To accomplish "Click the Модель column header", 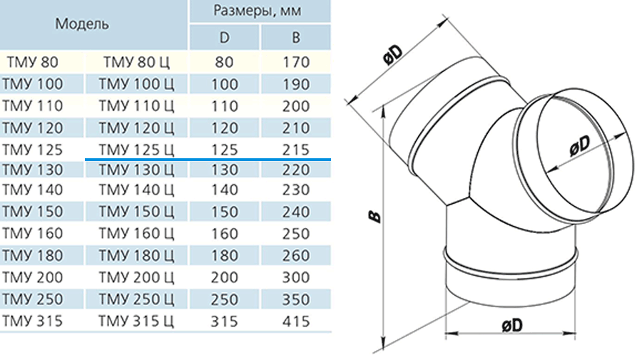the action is [x=82, y=24].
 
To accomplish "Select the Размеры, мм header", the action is [x=257, y=10].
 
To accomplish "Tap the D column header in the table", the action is [x=225, y=38].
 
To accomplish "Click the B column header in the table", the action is [x=295, y=38].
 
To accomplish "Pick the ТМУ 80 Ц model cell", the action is [x=136, y=62].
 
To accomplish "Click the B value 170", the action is [x=295, y=62].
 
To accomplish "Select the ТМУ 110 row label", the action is [x=32, y=106].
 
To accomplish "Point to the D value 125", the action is [x=225, y=150].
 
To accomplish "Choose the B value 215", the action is [x=295, y=150].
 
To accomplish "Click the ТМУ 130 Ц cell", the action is [x=136, y=170].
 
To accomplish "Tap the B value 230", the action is [x=295, y=190].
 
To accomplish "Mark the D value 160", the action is [x=225, y=234].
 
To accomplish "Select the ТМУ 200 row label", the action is [x=32, y=277].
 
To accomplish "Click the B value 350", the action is [x=295, y=299].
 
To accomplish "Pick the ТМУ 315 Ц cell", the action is [x=136, y=321].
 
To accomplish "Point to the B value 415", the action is [x=295, y=321].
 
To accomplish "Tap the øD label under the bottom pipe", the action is [x=512, y=326].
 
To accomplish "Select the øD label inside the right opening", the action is [x=580, y=145].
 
